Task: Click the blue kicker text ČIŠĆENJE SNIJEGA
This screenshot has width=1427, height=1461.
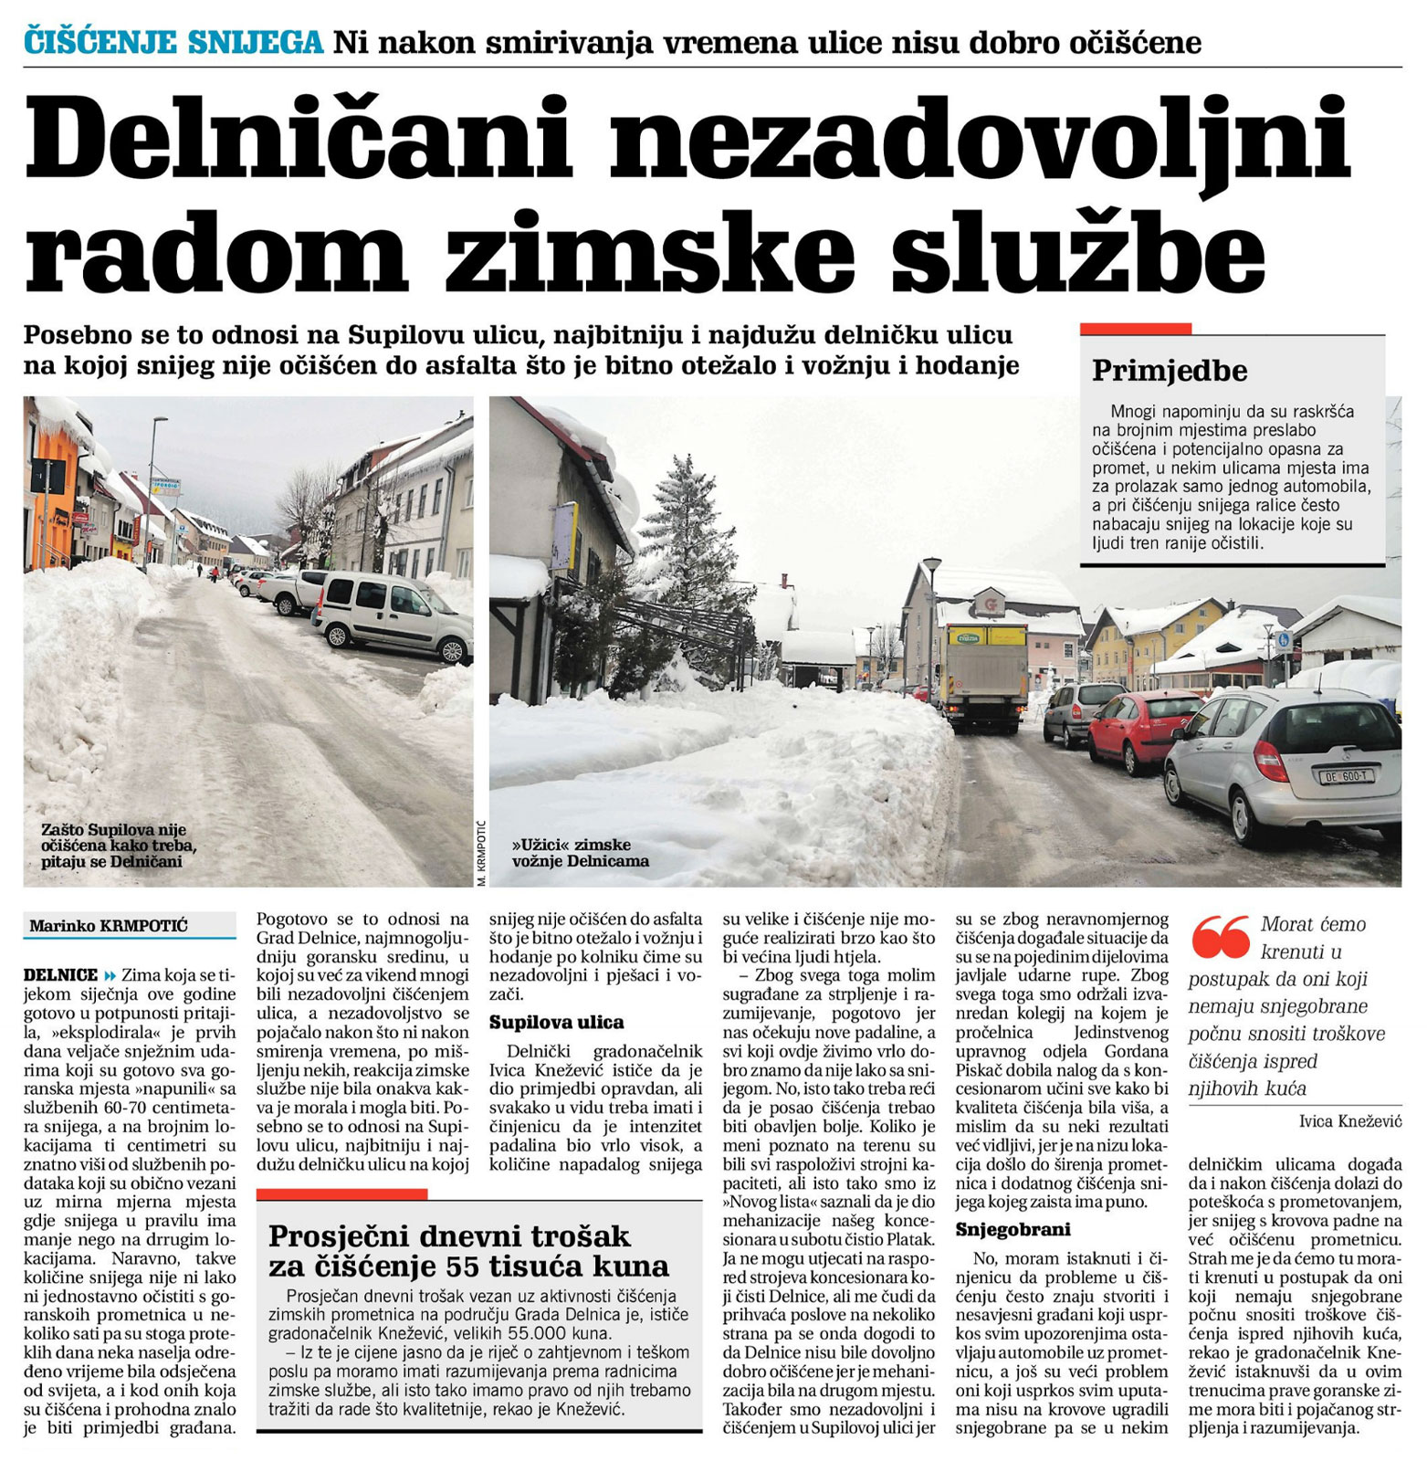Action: (x=173, y=42)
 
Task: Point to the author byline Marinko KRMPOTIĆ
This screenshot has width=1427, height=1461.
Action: (x=109, y=926)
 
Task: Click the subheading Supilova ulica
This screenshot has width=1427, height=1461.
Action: (x=556, y=1022)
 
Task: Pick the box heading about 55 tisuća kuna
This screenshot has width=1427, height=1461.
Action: (x=468, y=1251)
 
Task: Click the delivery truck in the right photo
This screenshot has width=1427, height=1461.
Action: (x=985, y=675)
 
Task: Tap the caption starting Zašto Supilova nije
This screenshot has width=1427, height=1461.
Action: (x=113, y=845)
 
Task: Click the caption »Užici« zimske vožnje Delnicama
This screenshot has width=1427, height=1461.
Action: (x=580, y=852)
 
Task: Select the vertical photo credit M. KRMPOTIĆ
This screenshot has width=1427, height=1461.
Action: (x=481, y=853)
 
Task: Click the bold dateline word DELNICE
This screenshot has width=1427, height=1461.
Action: (x=60, y=974)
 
